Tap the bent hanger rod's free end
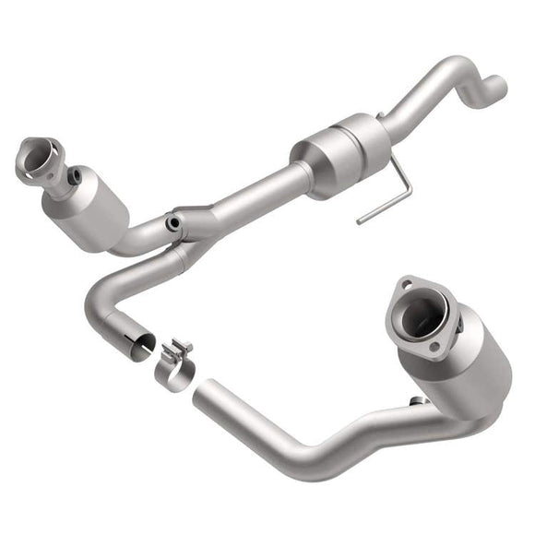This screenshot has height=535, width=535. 359,221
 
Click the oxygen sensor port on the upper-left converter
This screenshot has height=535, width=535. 75,174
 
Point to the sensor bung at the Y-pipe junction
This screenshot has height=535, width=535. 172,223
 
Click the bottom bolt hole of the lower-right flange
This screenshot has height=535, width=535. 435,348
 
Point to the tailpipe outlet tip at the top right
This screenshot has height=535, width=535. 498,89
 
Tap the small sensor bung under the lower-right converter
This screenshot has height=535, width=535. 417,400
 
